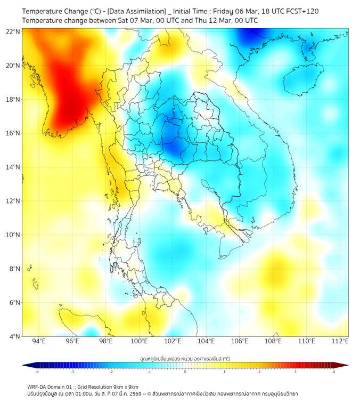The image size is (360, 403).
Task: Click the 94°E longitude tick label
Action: pos(39,341)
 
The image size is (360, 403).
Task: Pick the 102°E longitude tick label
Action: pos(173,341)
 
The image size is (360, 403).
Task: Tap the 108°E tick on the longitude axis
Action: pos(273,341)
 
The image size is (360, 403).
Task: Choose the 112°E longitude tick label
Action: pos(340,341)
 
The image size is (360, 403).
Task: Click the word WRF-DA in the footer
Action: pos(39,386)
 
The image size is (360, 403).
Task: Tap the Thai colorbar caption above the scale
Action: pos(185,359)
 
